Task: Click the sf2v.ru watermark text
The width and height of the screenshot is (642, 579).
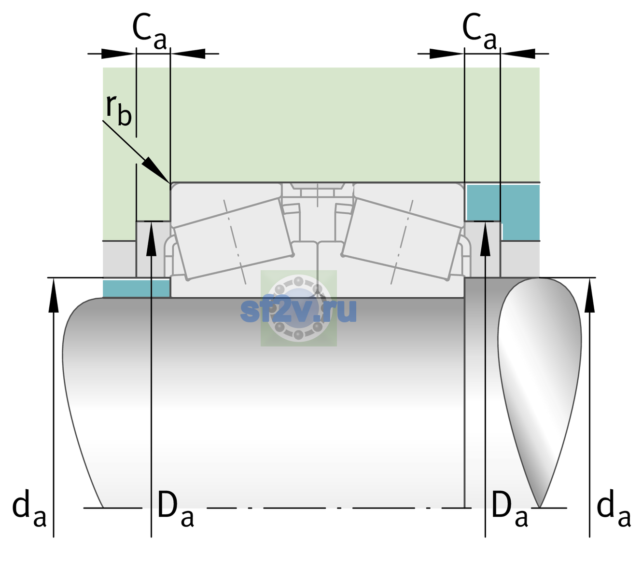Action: [x=298, y=310]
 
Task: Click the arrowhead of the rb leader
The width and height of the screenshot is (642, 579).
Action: [x=158, y=170]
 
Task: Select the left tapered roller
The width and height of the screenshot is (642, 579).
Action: [x=234, y=238]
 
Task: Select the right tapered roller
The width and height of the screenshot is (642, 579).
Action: [x=402, y=238]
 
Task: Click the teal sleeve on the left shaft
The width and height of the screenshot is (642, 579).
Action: [x=136, y=288]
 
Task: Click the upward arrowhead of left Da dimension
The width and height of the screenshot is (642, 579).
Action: [x=152, y=239]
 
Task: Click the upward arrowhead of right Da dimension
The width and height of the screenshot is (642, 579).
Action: [x=485, y=239]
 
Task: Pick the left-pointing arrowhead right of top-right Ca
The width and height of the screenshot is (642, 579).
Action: [x=518, y=54]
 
